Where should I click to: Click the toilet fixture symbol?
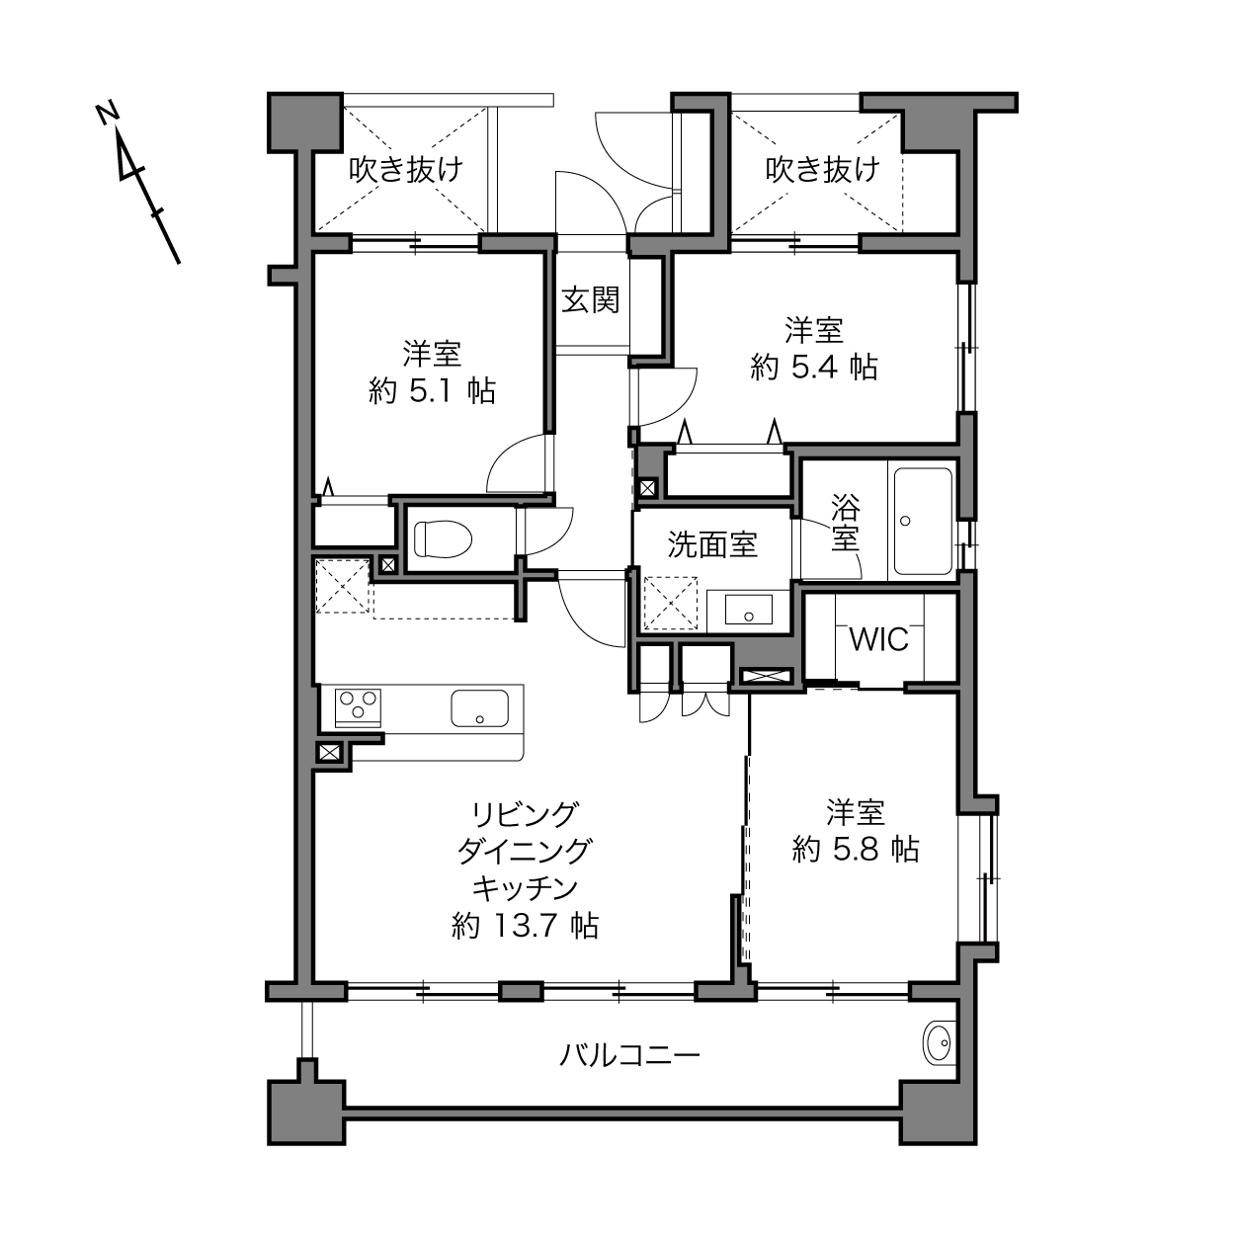pos(443,537)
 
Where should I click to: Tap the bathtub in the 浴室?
pos(923,522)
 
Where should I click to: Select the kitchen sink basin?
pos(479,708)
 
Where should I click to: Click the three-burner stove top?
pos(358,708)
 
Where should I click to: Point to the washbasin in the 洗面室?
pos(749,609)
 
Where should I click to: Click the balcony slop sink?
pos(940,1043)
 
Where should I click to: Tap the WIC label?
pos(878,639)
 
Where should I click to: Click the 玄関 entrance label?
pos(590,299)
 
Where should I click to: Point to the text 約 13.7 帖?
pos(525,927)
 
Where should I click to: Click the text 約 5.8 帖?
pos(856,850)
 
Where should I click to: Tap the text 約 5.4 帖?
pos(814,368)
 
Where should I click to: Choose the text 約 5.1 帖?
pos(432,390)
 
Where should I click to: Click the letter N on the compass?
pos(107,113)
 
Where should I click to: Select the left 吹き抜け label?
pos(406,170)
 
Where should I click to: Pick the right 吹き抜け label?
pos(822,170)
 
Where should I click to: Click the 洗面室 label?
pos(712,544)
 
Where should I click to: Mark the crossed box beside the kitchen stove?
pos(329,752)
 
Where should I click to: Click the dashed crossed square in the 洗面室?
pos(670,604)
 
